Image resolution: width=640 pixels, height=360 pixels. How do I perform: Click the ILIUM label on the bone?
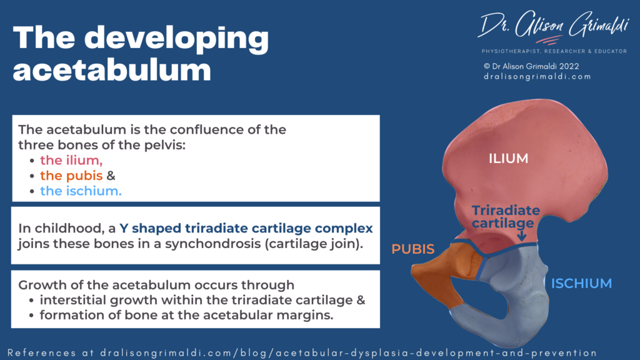tap(508, 159)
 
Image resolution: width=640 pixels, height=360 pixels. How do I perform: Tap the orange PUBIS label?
tap(412, 249)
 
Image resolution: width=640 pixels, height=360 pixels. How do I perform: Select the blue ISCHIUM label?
tap(581, 284)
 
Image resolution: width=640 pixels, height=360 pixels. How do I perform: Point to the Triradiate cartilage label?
tap(502, 216)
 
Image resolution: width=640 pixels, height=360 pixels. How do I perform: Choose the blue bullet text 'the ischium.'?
tap(81, 191)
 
